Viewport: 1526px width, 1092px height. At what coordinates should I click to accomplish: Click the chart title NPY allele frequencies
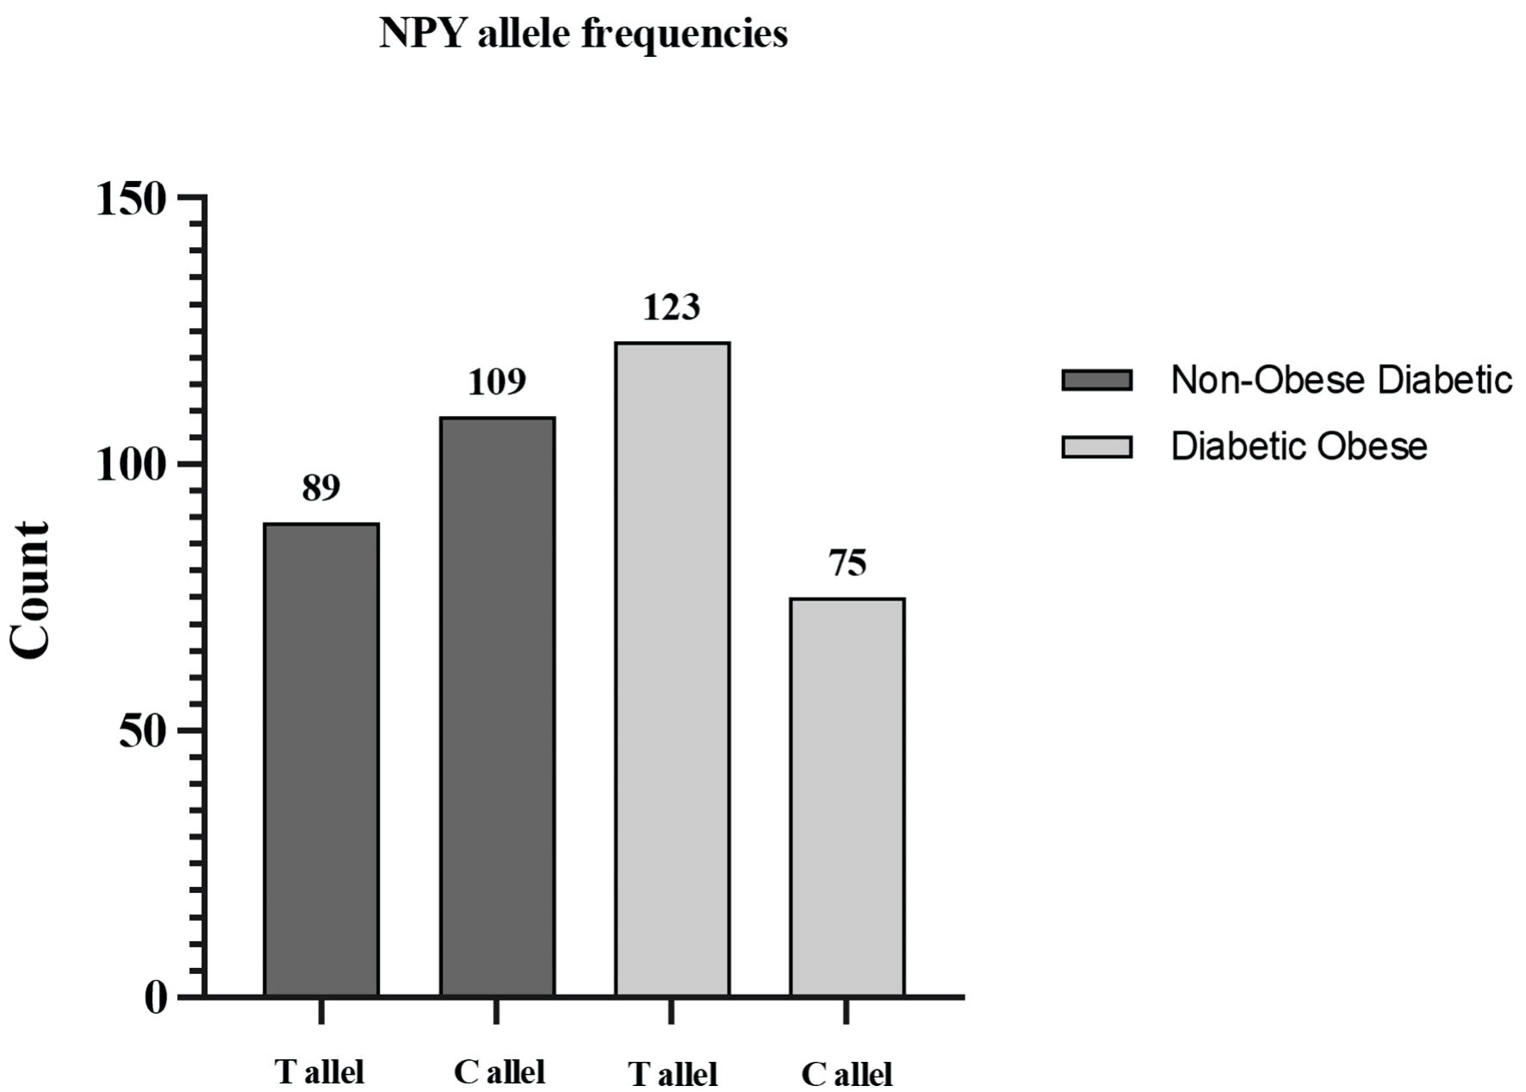tap(583, 34)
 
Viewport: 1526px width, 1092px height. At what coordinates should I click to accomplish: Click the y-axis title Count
tap(31, 591)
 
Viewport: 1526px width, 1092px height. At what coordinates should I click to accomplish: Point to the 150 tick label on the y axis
tap(130, 201)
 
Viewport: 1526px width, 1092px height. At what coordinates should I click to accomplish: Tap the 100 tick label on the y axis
tap(130, 466)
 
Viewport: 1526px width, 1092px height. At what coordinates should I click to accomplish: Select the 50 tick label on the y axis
tap(142, 732)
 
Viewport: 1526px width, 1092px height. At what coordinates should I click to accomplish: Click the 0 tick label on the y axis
tap(155, 998)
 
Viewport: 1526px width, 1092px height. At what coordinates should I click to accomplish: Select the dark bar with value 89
tap(321, 760)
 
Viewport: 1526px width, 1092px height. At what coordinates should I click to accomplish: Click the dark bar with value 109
tap(497, 706)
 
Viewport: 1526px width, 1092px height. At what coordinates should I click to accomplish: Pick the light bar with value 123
tap(672, 669)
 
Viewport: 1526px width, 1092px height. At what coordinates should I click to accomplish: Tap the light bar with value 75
tap(847, 797)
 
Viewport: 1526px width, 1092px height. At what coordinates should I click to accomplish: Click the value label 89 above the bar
tap(321, 488)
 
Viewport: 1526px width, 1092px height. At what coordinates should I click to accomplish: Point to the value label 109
tap(497, 382)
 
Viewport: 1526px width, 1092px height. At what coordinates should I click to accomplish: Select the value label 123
tap(672, 307)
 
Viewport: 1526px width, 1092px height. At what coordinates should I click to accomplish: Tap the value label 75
tap(847, 563)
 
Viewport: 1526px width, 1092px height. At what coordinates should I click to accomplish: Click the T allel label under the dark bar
tap(319, 1072)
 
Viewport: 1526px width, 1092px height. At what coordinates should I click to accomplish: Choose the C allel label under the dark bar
tap(499, 1072)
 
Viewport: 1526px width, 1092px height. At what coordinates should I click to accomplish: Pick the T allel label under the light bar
tap(673, 1075)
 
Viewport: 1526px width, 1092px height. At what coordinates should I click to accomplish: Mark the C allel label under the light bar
tap(847, 1075)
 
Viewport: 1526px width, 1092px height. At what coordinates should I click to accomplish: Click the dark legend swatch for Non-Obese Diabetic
tap(1096, 380)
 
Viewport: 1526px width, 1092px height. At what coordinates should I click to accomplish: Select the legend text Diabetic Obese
tap(1299, 446)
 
